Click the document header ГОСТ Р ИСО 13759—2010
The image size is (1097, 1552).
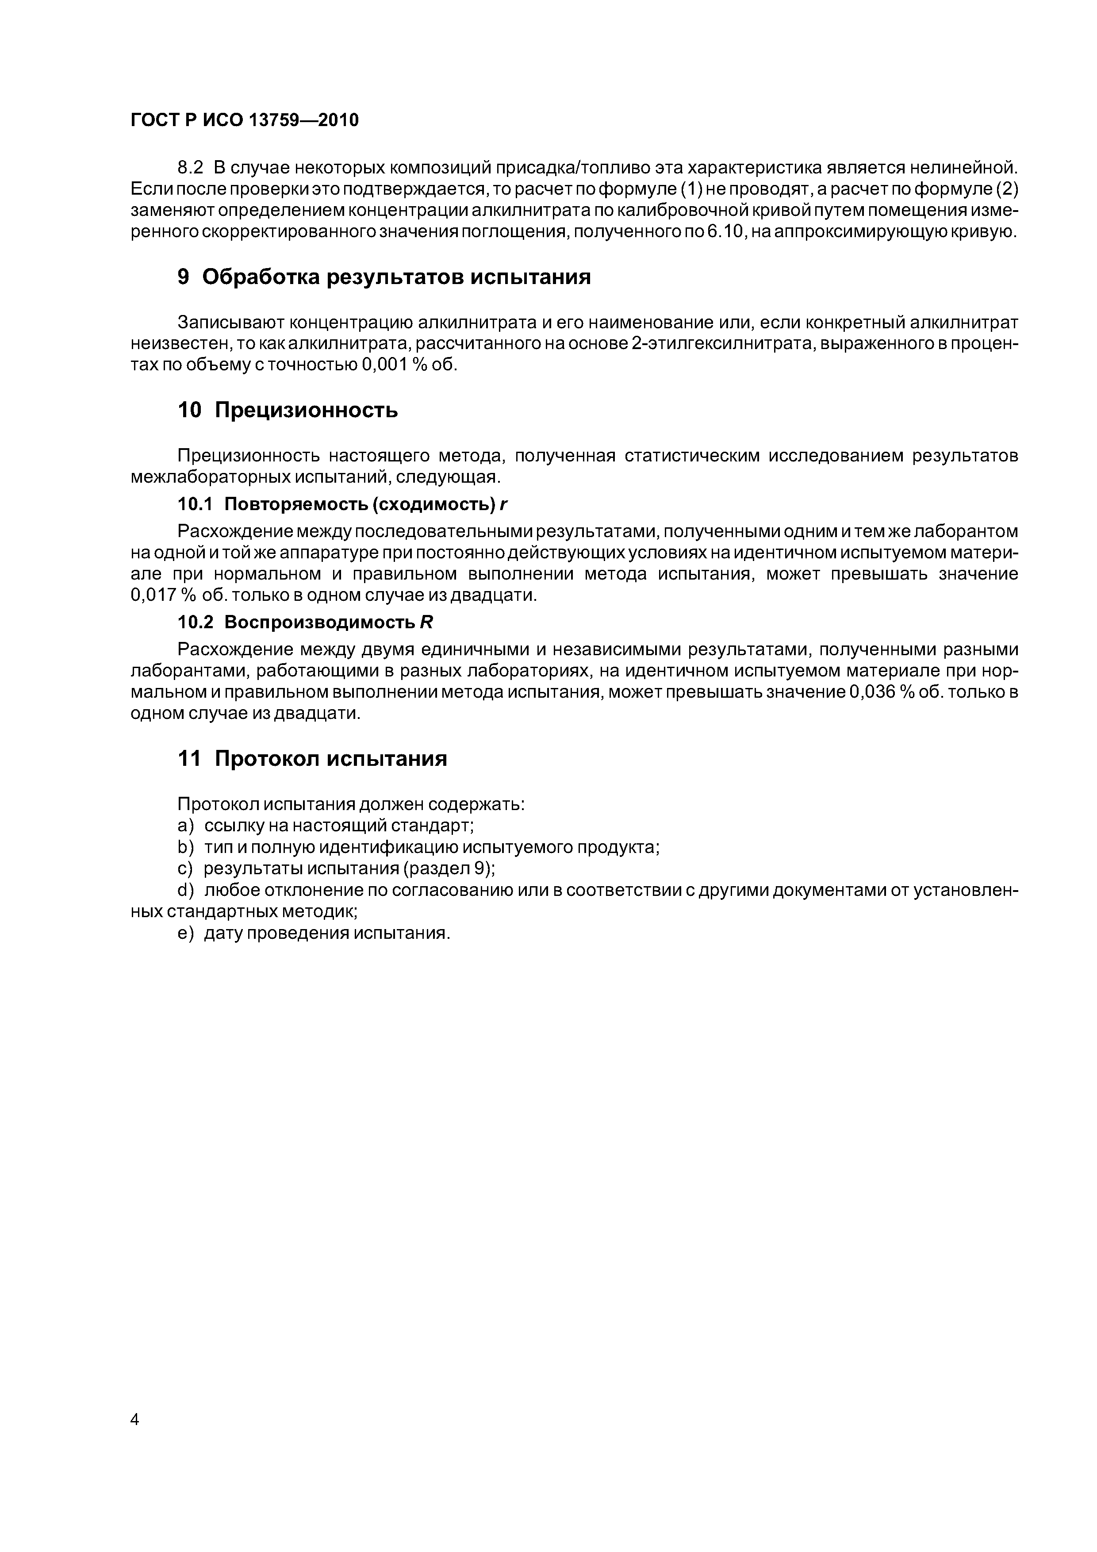[x=244, y=120]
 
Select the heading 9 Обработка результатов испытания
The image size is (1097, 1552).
[x=383, y=277]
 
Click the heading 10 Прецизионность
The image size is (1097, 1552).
[x=287, y=410]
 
